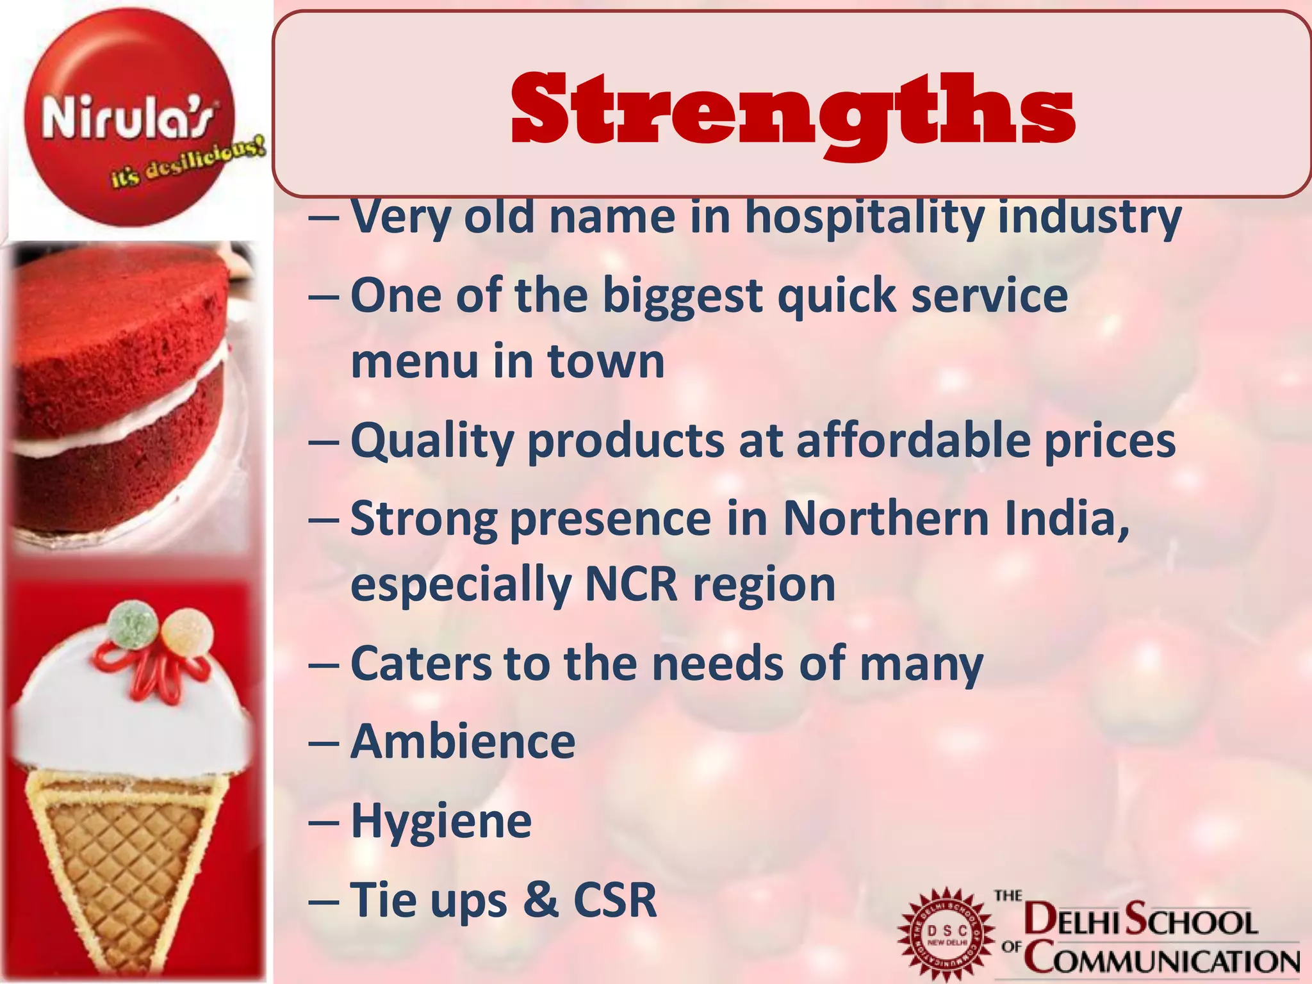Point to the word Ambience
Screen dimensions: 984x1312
pyautogui.click(x=463, y=742)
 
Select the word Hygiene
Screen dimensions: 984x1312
pyautogui.click(x=441, y=821)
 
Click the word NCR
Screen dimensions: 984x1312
pyautogui.click(x=631, y=584)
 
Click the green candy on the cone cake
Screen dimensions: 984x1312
pyautogui.click(x=132, y=624)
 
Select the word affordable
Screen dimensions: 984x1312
pyautogui.click(x=913, y=442)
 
